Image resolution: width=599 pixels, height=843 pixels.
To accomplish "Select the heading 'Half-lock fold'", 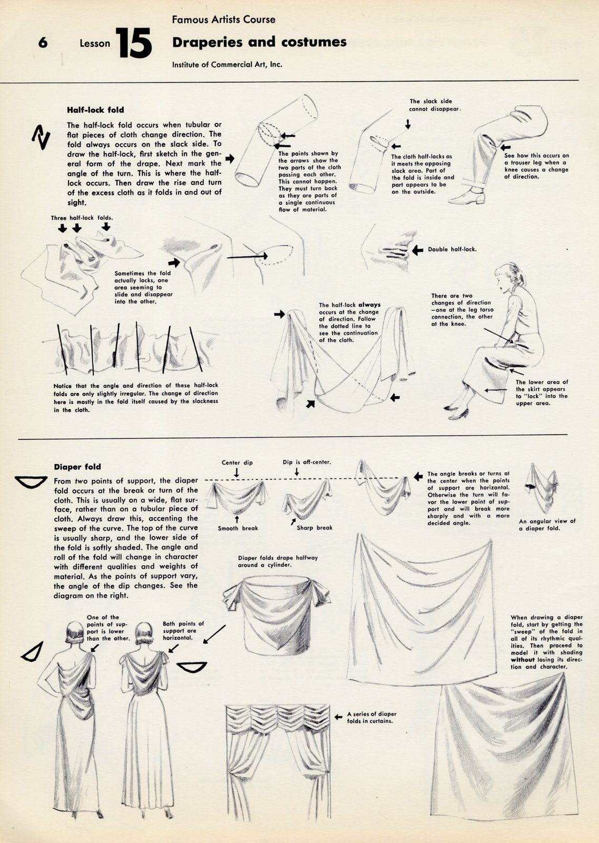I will [x=95, y=110].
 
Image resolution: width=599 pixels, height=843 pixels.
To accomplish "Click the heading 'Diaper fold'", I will [x=77, y=467].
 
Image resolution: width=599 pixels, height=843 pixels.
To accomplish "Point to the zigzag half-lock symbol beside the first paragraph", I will [x=41, y=138].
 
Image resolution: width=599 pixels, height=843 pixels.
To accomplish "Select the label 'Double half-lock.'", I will [x=451, y=249].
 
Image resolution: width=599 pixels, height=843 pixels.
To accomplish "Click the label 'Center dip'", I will [x=237, y=463].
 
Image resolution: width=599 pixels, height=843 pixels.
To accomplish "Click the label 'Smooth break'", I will [x=238, y=528].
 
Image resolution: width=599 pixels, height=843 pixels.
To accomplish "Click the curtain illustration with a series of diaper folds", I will [x=277, y=759].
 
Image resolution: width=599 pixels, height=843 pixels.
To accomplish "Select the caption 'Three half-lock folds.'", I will [x=82, y=218].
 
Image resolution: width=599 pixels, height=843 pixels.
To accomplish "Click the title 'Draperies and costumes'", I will [x=259, y=42].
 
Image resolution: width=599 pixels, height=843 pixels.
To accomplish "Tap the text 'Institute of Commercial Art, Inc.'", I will [x=227, y=65].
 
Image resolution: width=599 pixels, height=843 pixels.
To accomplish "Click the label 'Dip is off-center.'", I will [x=307, y=462].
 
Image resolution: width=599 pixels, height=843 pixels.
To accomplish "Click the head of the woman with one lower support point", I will [x=75, y=632].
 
